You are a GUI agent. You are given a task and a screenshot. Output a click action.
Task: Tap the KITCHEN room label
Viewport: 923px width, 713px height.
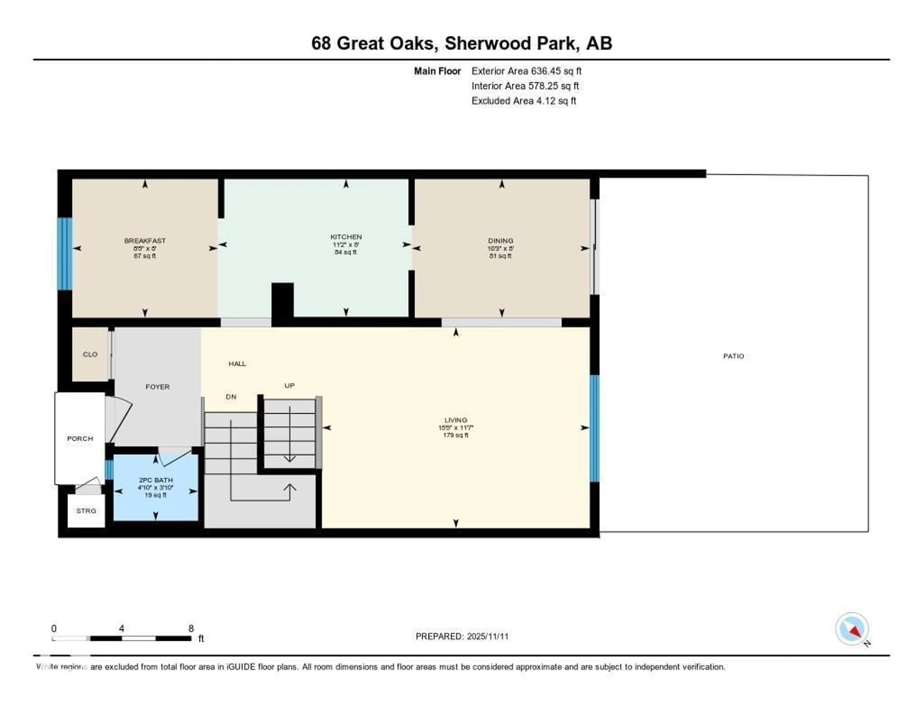[x=346, y=237]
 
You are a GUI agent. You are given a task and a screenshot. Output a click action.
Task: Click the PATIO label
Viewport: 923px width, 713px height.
[x=733, y=356]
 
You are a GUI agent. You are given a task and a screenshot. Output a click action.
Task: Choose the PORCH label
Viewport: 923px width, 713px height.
[x=80, y=439]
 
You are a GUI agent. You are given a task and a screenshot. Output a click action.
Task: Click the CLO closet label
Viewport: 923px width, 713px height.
[x=90, y=354]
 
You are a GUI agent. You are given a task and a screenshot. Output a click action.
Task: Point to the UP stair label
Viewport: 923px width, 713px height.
[x=289, y=385]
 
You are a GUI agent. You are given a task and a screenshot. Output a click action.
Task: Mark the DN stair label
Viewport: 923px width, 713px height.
[x=231, y=397]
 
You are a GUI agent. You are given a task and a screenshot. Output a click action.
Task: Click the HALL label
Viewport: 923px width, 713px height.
[x=237, y=363]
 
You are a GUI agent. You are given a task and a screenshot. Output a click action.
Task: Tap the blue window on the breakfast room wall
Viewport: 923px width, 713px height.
[x=65, y=254]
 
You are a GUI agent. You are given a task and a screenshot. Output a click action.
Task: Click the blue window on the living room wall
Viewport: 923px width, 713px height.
[x=594, y=428]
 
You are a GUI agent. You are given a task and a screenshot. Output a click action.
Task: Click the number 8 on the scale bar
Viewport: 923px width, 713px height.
[x=191, y=628]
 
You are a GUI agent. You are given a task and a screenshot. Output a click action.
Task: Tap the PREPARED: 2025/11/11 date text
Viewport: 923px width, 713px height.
[x=462, y=637]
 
